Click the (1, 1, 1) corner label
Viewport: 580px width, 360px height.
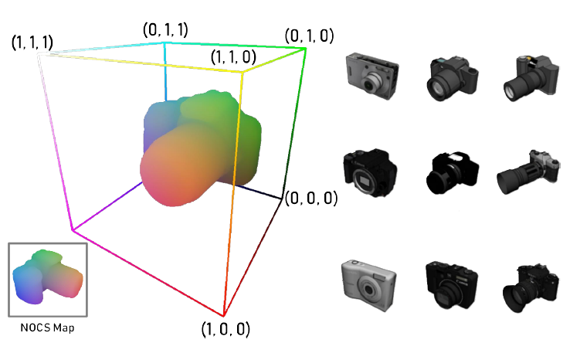(x=32, y=43)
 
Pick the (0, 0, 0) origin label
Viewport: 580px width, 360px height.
(x=310, y=199)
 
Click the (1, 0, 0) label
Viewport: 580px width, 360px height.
(x=226, y=329)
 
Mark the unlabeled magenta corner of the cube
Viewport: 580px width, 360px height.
(x=73, y=230)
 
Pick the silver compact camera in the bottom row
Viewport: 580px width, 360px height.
(x=368, y=282)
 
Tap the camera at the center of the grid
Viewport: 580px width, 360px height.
(x=449, y=172)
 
